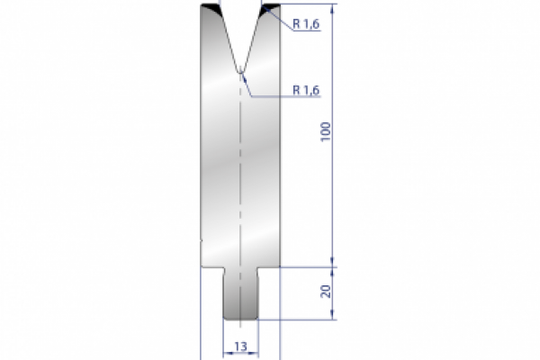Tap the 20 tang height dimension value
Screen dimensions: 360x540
(326, 292)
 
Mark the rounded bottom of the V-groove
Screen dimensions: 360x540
(240, 69)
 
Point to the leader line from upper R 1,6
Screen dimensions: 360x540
(281, 21)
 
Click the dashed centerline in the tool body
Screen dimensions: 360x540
(240, 180)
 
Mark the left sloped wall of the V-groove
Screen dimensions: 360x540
(227, 38)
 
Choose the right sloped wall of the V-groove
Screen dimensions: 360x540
(254, 38)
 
